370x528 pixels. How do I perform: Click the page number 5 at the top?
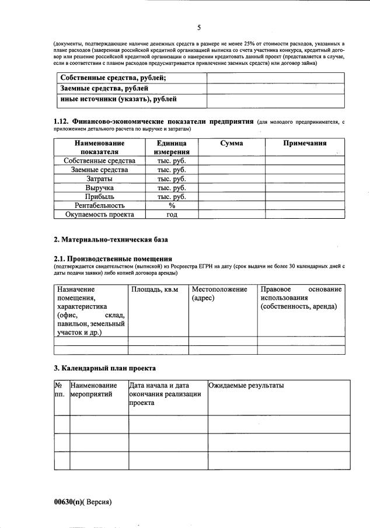pyautogui.click(x=199, y=27)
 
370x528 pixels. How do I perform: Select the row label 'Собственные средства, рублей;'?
pyautogui.click(x=113, y=78)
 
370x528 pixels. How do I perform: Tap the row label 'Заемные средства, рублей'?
pyautogui.click(x=104, y=89)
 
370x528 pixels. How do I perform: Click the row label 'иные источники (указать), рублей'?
pyautogui.click(x=119, y=100)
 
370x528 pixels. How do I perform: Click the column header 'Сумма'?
pyautogui.click(x=232, y=144)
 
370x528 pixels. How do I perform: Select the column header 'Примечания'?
pyautogui.click(x=304, y=144)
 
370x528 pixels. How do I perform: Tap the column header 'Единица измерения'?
pyautogui.click(x=171, y=148)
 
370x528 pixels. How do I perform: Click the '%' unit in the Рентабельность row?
pyautogui.click(x=172, y=205)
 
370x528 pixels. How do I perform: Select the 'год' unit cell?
pyautogui.click(x=172, y=214)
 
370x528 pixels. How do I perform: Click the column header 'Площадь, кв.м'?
pyautogui.click(x=155, y=289)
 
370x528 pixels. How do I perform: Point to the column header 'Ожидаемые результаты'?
pyautogui.click(x=246, y=386)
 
